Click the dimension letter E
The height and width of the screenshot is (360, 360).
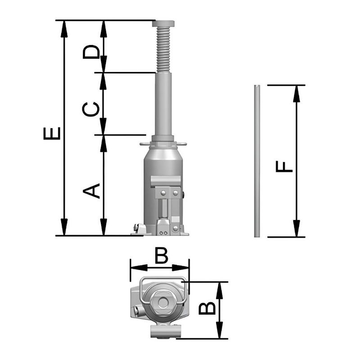(x=52, y=133)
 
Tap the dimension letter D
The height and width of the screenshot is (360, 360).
(x=91, y=51)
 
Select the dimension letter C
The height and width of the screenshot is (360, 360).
(x=91, y=109)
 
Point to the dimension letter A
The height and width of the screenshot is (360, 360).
(x=91, y=191)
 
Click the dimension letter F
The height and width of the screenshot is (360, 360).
(x=284, y=166)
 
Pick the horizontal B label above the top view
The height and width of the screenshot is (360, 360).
(x=162, y=256)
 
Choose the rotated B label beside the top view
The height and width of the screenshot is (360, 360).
(x=207, y=308)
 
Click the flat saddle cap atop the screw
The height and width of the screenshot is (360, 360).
(x=163, y=24)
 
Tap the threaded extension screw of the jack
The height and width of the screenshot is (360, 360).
(x=163, y=49)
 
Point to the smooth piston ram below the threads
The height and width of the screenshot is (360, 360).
(x=163, y=104)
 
